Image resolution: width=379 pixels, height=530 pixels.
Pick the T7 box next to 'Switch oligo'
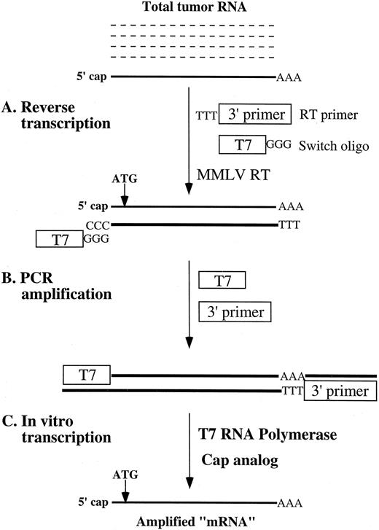click(243, 144)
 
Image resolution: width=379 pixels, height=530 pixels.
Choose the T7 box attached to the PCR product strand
click(87, 375)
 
